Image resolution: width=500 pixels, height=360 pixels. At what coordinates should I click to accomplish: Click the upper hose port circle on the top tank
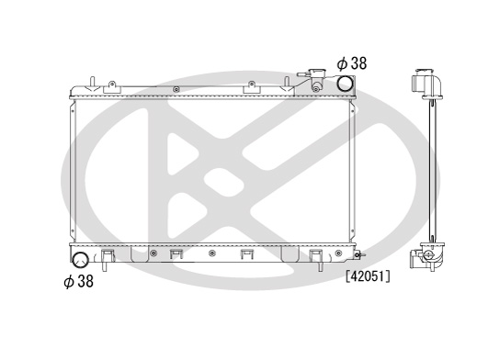(x=346, y=84)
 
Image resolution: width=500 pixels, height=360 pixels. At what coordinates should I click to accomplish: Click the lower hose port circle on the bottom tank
(x=80, y=260)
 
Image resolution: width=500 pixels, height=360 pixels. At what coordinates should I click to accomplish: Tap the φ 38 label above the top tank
(x=352, y=63)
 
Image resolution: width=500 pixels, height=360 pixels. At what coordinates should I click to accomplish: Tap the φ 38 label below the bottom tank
(x=79, y=282)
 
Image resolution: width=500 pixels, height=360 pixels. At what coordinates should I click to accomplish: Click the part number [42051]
(x=368, y=276)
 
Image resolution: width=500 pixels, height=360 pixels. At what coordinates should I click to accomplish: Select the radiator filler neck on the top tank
(x=314, y=80)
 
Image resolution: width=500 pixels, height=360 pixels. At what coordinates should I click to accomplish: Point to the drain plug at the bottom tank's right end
(x=359, y=255)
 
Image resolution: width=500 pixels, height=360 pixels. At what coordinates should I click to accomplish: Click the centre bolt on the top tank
(x=176, y=89)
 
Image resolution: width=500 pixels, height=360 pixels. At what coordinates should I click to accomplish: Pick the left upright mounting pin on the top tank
(x=92, y=82)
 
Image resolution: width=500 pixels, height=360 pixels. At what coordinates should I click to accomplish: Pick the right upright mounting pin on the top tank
(x=287, y=82)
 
